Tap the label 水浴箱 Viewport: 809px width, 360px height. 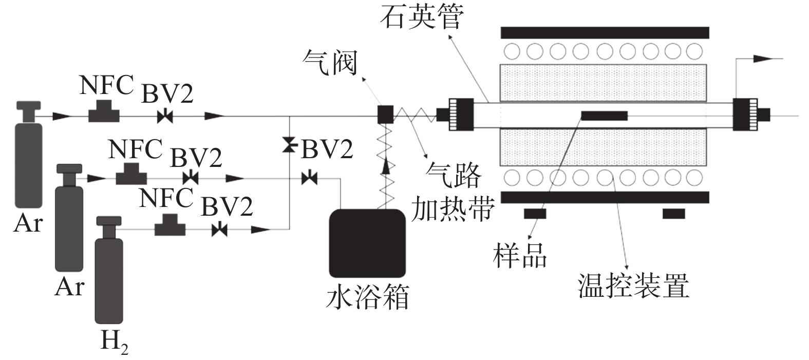click(x=368, y=297)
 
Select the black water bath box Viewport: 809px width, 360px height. click(x=367, y=243)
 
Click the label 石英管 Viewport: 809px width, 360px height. click(x=422, y=18)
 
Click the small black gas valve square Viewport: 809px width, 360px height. click(x=385, y=114)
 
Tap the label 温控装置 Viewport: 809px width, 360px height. click(x=633, y=285)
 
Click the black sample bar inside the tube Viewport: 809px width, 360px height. click(x=604, y=116)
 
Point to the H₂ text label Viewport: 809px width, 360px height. click(x=114, y=341)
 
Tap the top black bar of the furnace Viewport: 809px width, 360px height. click(x=605, y=32)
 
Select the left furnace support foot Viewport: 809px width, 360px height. click(x=535, y=213)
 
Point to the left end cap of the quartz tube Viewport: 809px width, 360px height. click(x=460, y=115)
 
